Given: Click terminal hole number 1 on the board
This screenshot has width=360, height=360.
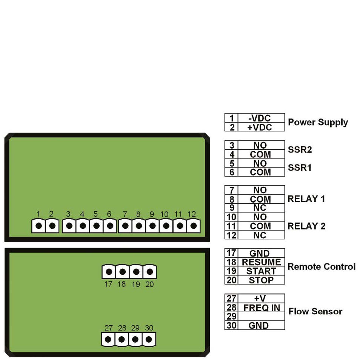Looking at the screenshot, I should (x=38, y=226).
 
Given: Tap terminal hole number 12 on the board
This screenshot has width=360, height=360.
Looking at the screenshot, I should (x=194, y=226).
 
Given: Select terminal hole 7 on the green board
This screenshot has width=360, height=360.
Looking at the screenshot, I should (x=125, y=226).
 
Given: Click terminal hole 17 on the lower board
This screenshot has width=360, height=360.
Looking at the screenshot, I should (x=109, y=271).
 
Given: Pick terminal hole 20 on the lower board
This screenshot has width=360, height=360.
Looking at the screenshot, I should (x=150, y=271).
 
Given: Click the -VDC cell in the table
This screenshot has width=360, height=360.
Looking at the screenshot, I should (x=261, y=118).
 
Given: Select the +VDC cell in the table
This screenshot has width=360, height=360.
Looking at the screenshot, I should (x=261, y=127).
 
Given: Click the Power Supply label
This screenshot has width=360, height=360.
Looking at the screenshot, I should (x=318, y=122).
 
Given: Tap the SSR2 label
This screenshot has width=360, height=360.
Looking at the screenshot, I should (x=300, y=150).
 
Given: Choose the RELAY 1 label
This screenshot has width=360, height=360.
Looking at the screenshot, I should (x=306, y=199).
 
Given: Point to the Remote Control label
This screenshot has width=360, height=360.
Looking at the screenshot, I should (x=322, y=267).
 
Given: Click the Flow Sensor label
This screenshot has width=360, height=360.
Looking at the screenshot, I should (x=315, y=312).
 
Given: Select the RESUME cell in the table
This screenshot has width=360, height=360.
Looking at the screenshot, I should (x=261, y=262).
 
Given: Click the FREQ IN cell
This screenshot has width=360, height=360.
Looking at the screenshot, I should (x=261, y=308).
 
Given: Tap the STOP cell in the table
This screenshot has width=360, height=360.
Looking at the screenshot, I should (x=261, y=280).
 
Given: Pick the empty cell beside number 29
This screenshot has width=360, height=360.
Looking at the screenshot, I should (x=261, y=317).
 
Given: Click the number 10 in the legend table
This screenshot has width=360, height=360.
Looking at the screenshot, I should (x=231, y=217).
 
